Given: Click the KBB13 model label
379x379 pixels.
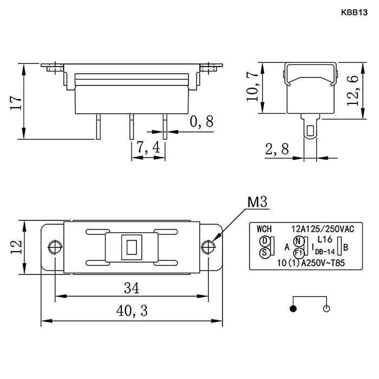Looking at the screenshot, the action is pos(354,12).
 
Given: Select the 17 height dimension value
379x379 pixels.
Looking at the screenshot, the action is pos(16,103).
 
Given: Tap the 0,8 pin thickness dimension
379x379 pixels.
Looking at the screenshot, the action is pos(202,122).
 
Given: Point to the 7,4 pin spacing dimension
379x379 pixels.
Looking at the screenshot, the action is pos(148,147).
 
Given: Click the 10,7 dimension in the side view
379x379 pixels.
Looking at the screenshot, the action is pos(253,87).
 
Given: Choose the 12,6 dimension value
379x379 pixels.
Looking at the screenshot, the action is pos(352,90).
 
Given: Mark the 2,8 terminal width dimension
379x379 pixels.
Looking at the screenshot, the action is pos(277,149).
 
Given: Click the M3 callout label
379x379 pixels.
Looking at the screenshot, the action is pos(257,202).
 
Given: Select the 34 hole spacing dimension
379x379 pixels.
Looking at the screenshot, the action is pos(132,288).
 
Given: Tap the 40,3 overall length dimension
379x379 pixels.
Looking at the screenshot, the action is pos(132,310).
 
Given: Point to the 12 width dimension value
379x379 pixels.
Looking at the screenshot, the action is pos(17,247).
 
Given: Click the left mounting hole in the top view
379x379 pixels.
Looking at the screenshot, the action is pos(55,247).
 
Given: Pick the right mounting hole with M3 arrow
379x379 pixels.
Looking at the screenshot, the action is pos(208,247).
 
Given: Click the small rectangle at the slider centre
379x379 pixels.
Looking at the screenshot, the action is pos(132,247).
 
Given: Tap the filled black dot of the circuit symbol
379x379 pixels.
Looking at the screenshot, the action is pos(293,309).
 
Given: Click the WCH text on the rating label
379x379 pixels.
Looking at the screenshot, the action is pos(264,228).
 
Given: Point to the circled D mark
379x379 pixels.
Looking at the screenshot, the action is pos(264,241).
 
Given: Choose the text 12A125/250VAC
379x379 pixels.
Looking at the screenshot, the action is pos(323,228).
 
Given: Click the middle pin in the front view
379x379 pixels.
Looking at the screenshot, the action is pos(132,126).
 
